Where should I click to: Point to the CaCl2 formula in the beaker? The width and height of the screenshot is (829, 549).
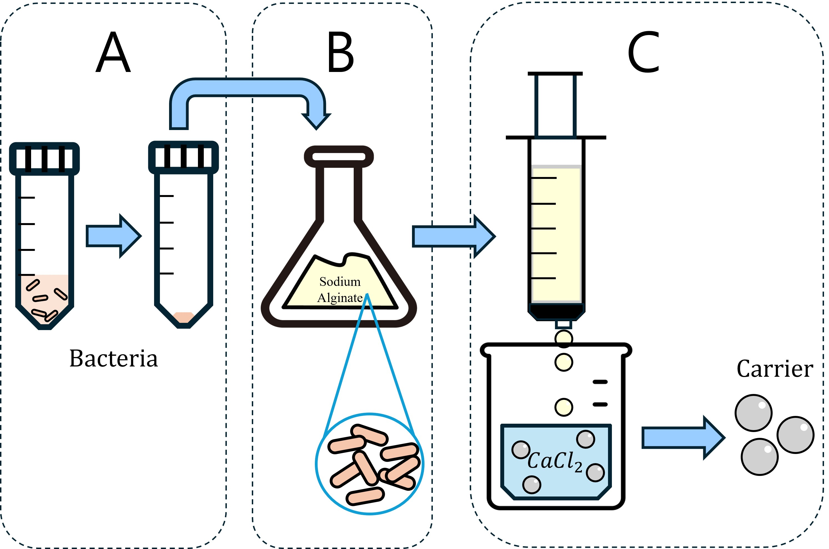(555, 461)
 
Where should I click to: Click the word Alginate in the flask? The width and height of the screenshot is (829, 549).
(340, 298)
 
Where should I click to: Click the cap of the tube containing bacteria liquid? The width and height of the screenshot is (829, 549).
(44, 159)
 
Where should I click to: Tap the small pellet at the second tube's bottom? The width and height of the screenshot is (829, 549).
(183, 317)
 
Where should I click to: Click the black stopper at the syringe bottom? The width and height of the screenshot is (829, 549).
(556, 311)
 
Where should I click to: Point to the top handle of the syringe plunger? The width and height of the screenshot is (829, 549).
(555, 74)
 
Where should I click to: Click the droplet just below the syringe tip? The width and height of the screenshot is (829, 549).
(564, 339)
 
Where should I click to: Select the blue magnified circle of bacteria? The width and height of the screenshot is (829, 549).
(370, 464)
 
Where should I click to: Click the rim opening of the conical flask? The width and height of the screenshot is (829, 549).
(339, 156)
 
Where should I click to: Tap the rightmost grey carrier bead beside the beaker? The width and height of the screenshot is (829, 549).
(795, 435)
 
